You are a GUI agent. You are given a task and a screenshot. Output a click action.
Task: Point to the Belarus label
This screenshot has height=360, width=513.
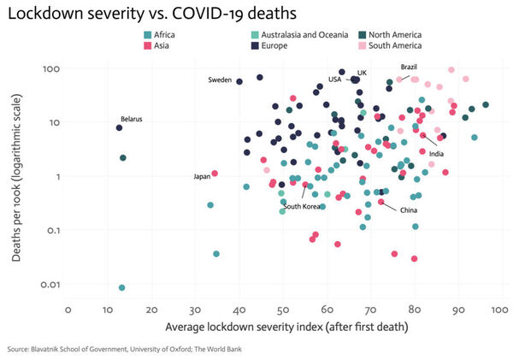131,119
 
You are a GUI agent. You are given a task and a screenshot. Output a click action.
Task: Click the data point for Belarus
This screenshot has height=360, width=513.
120,127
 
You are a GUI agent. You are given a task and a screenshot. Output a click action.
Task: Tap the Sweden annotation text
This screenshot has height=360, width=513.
220,80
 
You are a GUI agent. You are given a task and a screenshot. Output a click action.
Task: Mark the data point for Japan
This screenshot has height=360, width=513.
215,174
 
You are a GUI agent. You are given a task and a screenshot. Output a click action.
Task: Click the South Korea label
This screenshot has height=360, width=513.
301,206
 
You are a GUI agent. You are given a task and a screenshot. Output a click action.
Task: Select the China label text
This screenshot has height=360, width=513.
409,210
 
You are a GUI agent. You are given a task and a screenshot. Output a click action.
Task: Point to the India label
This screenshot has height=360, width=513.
436,154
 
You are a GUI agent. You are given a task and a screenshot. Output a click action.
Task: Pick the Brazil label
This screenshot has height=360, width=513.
410,67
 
